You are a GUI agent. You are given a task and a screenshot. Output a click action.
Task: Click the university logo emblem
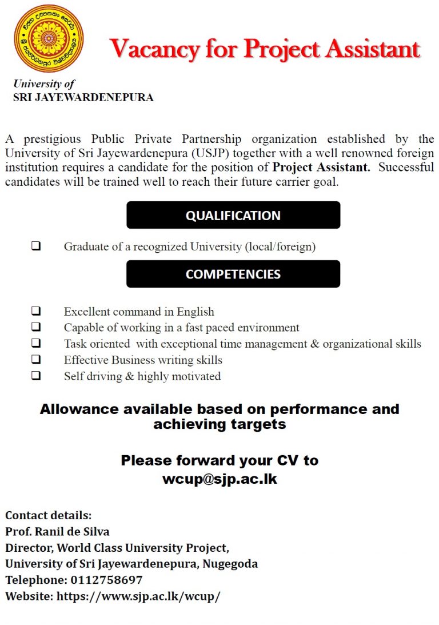pos(49,39)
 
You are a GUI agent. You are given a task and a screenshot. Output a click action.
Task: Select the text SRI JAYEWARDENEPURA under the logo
pos(83,98)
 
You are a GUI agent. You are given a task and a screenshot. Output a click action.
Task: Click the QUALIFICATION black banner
pos(233,216)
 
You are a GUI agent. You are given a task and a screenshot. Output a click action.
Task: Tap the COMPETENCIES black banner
pos(233,274)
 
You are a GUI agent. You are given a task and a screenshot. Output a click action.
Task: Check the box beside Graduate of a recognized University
pos(36,247)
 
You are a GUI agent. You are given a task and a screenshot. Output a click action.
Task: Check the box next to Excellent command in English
pos(36,312)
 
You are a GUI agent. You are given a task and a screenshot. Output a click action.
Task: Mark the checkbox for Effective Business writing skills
pos(36,360)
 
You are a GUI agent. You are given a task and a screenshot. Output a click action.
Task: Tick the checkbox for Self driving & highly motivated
pos(36,376)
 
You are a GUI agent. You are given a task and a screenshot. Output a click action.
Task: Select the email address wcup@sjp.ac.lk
pos(219,479)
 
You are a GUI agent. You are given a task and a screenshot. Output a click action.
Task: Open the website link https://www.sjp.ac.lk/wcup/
pos(138,596)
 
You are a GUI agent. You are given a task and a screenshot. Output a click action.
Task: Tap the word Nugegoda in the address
pos(231,564)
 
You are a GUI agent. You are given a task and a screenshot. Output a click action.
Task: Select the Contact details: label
pos(48,515)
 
